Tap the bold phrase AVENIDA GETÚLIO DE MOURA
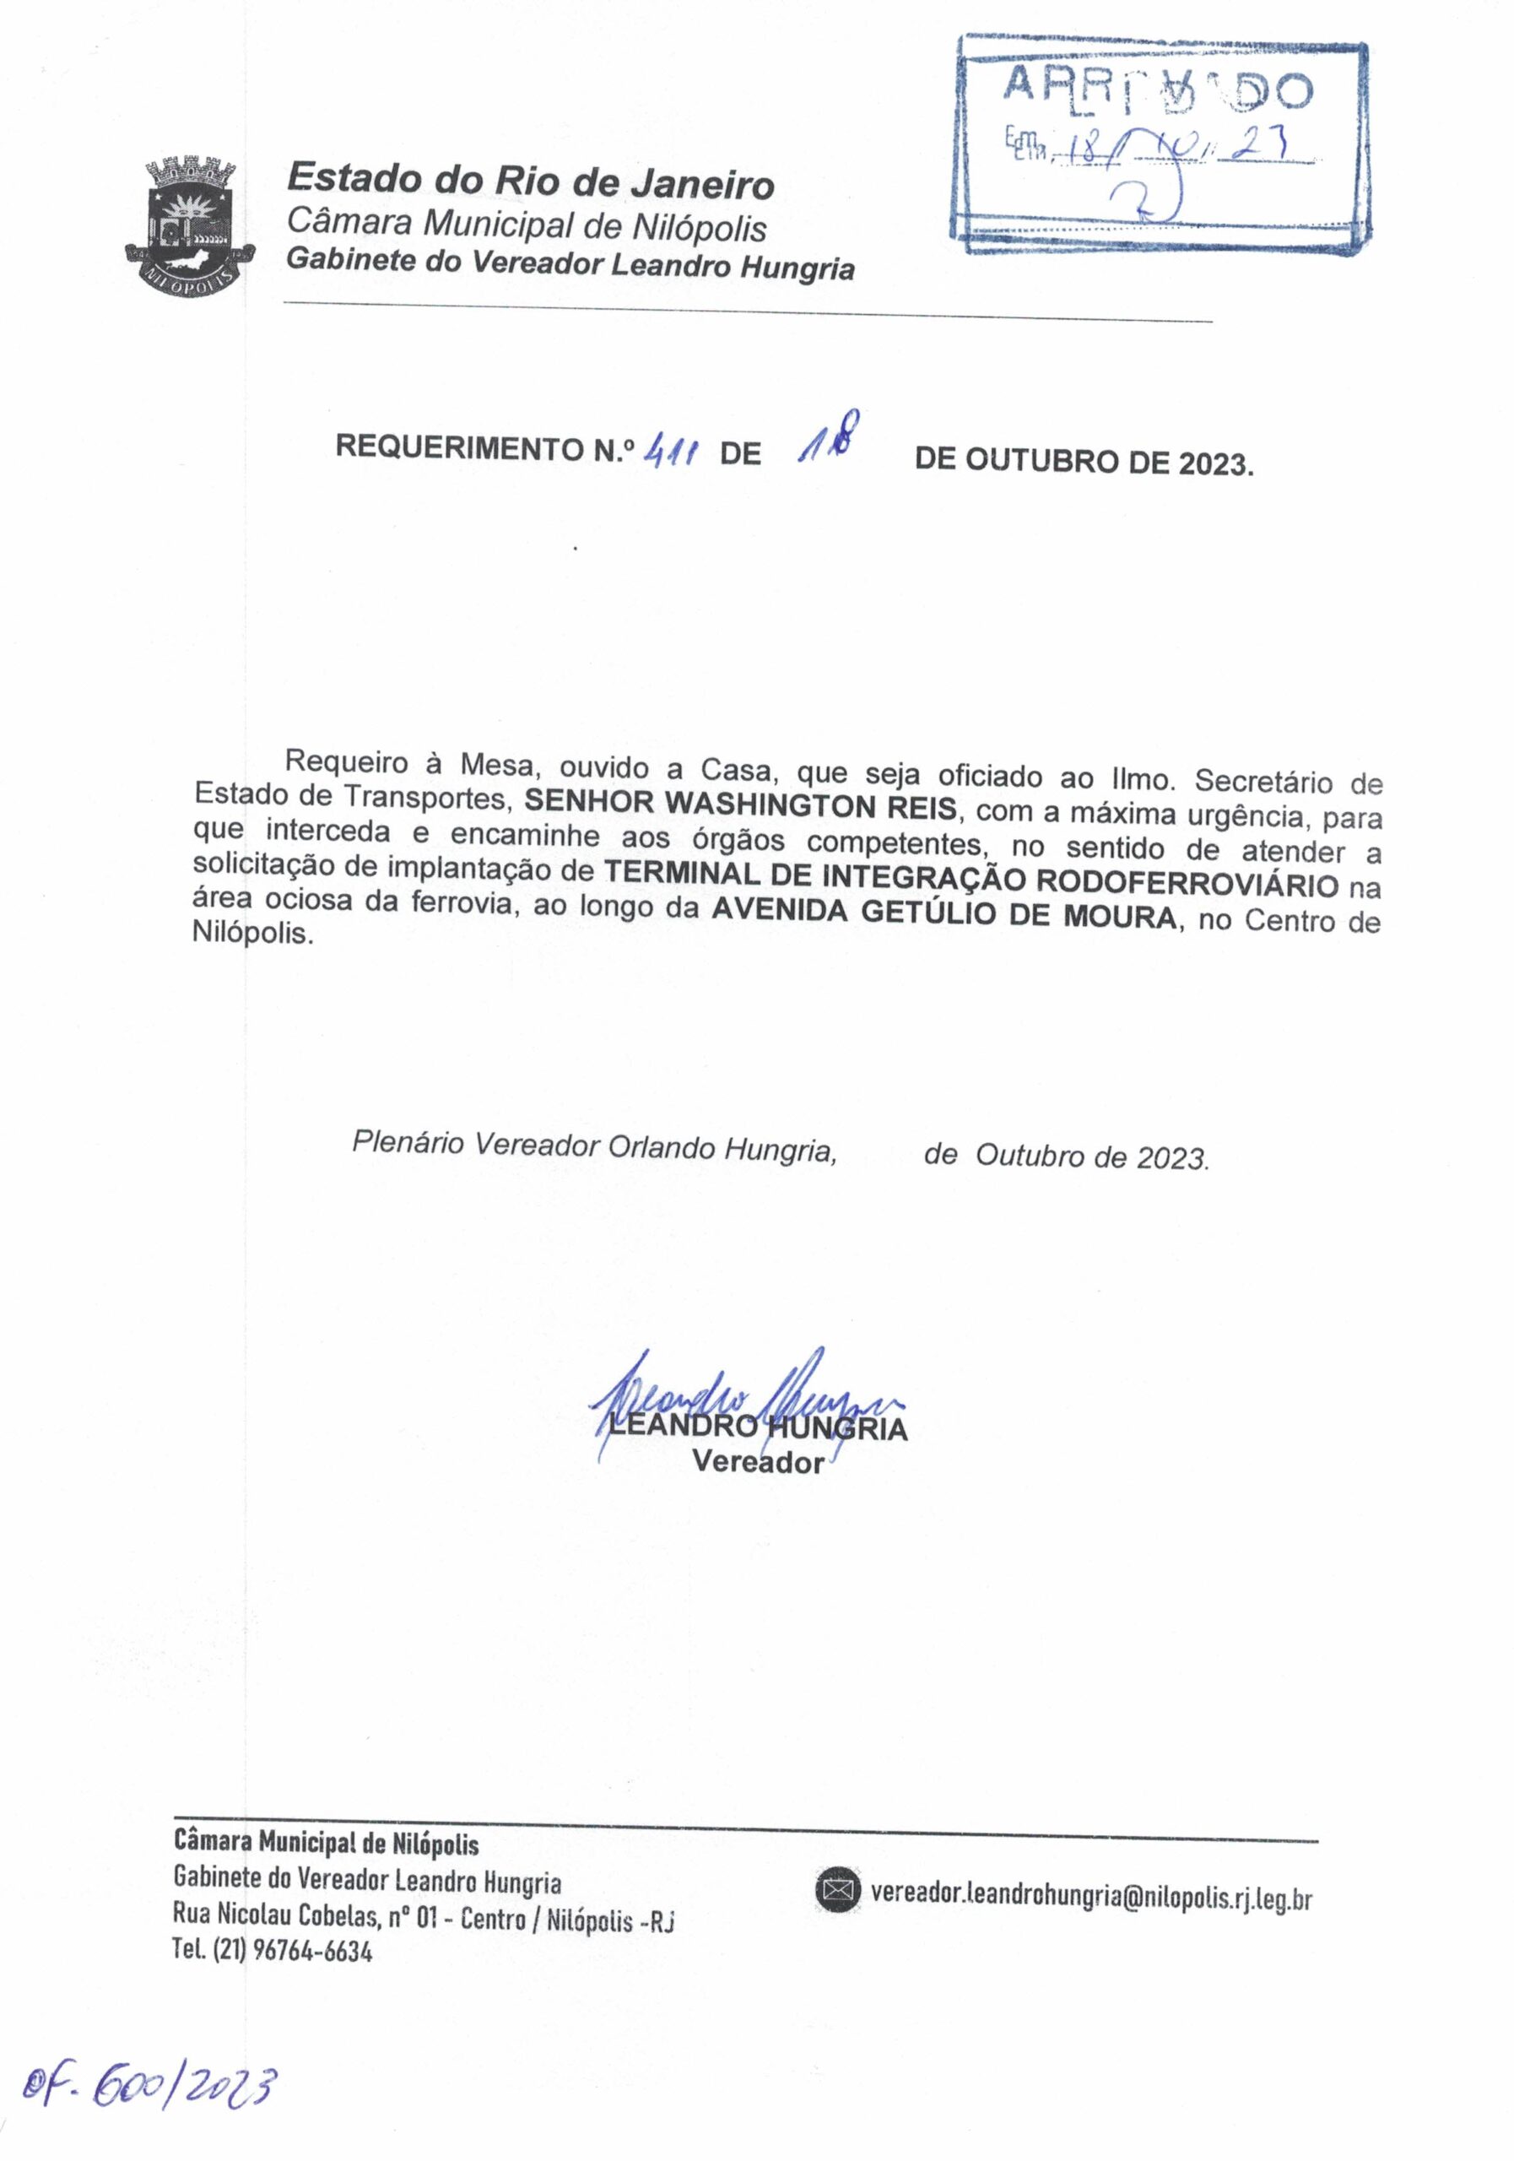tap(944, 914)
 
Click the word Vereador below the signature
tap(759, 1463)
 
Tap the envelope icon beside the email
tap(836, 1889)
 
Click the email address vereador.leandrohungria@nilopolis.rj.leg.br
tap(1091, 1894)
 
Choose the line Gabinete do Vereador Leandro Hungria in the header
tap(570, 264)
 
